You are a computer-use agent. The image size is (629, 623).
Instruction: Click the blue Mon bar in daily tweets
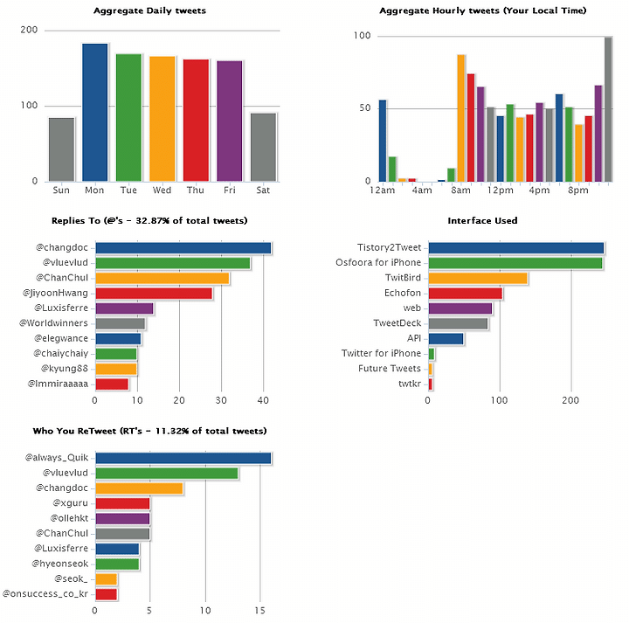tap(95, 113)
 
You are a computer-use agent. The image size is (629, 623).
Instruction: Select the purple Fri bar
tap(230, 121)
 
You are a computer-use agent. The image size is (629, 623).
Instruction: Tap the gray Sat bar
tap(263, 147)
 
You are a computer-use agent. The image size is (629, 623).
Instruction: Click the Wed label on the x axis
tap(162, 190)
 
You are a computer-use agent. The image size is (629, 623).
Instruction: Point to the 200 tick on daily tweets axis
tap(29, 30)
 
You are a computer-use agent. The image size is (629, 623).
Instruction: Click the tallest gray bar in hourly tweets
tap(608, 109)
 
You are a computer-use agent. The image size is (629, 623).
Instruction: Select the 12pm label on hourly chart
tap(501, 190)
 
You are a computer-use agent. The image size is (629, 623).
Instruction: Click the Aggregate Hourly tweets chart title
tap(482, 10)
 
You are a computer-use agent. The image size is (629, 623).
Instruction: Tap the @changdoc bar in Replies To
tap(183, 248)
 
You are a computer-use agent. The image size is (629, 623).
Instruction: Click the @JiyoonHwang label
tap(55, 294)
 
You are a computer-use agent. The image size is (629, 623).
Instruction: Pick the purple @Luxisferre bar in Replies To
tap(124, 308)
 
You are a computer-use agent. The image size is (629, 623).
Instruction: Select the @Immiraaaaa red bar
tap(112, 384)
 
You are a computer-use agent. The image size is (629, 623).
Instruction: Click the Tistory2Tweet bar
tap(516, 248)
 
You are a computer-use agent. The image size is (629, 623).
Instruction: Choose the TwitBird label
tap(403, 278)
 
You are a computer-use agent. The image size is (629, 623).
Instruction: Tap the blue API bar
tap(446, 339)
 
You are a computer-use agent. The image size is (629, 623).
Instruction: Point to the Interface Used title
tap(482, 221)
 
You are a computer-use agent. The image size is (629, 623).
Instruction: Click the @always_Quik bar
tap(183, 458)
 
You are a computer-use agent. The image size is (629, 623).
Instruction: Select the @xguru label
tap(70, 503)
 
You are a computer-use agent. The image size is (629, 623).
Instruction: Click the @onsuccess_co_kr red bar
tap(107, 594)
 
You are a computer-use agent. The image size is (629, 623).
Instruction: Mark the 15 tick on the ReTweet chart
tap(260, 611)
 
